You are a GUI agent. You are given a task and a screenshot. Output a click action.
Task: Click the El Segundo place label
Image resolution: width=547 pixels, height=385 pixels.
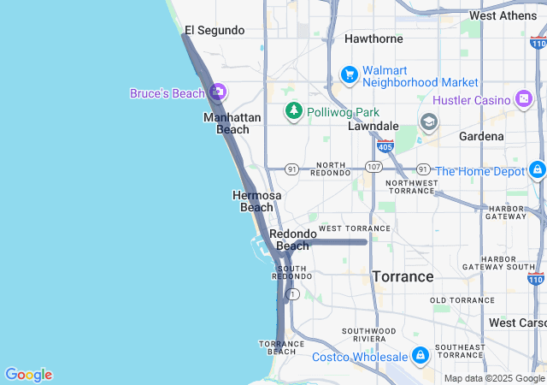click(x=215, y=31)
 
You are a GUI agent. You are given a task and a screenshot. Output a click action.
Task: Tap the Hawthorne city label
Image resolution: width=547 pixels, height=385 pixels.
click(x=373, y=38)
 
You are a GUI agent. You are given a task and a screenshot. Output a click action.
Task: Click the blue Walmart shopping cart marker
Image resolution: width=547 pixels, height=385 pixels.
click(x=349, y=75)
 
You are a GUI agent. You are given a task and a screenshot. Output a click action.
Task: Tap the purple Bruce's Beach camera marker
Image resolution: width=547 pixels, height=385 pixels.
click(x=217, y=92)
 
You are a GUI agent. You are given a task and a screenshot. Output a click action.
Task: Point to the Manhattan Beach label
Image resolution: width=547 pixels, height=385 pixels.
click(x=226, y=123)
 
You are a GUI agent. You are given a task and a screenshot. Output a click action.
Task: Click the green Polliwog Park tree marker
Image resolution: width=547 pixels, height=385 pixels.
click(x=294, y=111)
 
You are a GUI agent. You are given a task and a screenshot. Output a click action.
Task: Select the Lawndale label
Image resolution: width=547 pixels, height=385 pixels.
click(x=373, y=126)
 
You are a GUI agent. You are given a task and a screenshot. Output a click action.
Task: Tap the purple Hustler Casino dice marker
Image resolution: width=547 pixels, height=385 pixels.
click(x=523, y=100)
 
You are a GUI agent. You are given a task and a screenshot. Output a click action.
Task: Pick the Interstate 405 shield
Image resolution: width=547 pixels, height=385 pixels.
click(x=385, y=147)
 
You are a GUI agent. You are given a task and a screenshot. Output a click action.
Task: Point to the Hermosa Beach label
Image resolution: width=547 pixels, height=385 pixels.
click(x=256, y=201)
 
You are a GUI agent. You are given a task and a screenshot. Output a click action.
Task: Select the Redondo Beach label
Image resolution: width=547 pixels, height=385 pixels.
click(x=292, y=240)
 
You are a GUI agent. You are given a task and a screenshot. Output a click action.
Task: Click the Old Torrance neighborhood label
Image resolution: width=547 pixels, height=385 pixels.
click(x=462, y=300)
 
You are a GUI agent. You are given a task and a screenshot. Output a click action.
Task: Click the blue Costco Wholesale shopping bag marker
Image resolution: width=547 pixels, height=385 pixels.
click(x=420, y=355)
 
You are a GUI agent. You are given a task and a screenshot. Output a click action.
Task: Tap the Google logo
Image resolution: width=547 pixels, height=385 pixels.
click(x=28, y=375)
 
